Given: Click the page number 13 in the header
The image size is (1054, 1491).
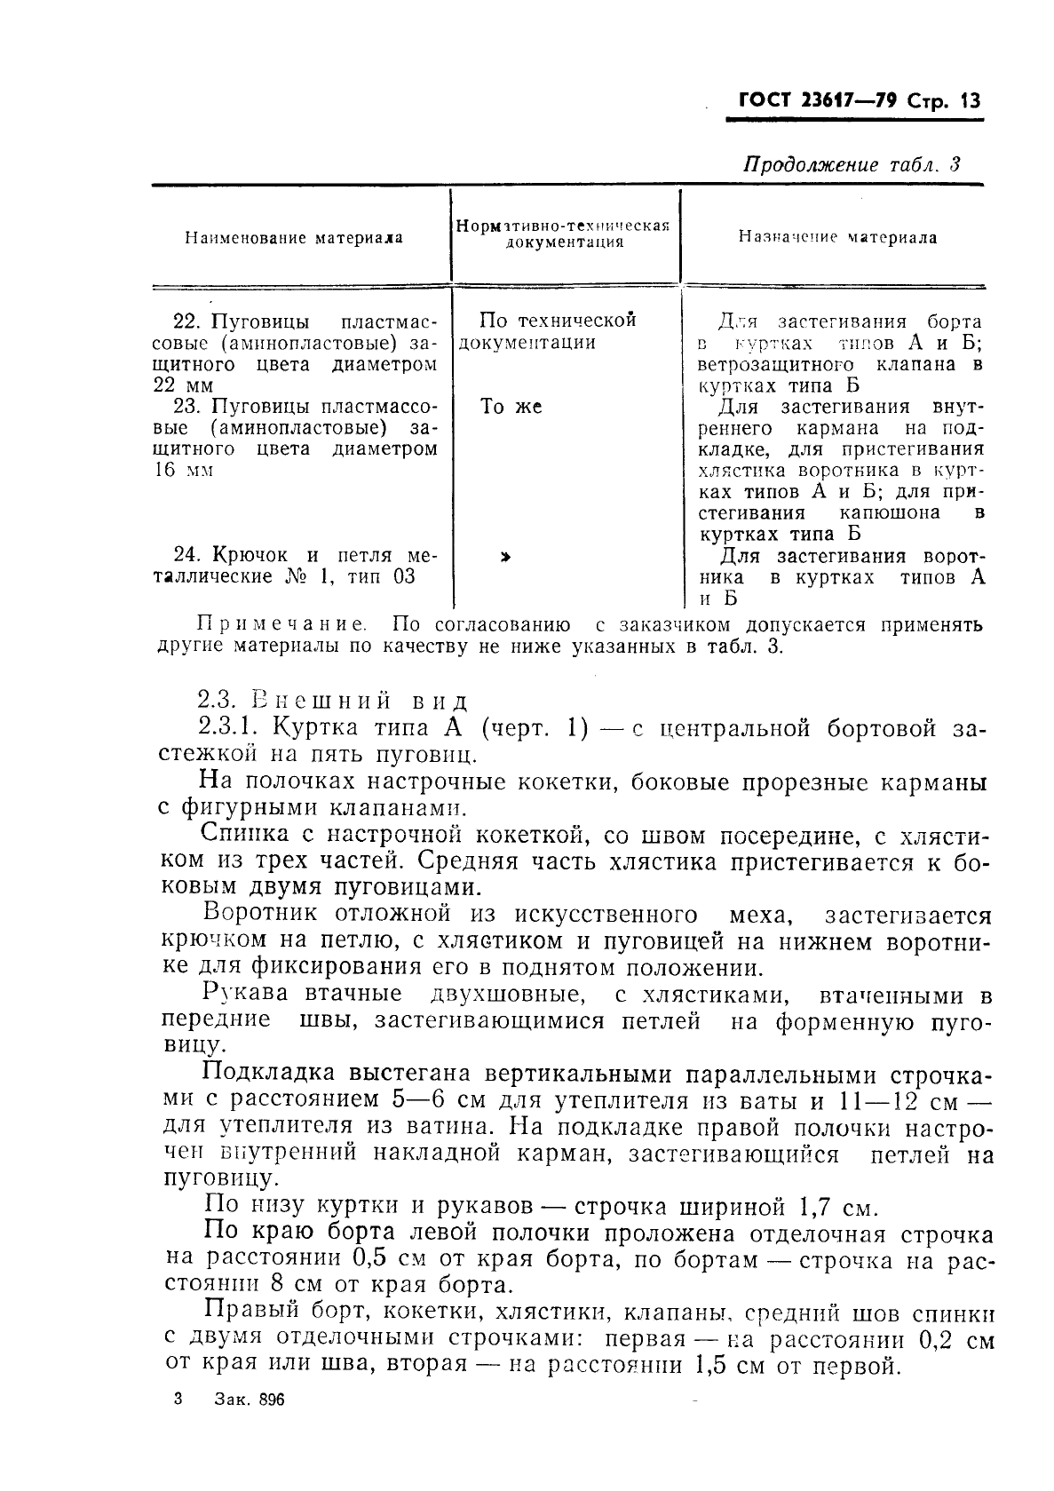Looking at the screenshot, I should pyautogui.click(x=966, y=100).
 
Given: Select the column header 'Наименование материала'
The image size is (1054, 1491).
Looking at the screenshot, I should pyautogui.click(x=293, y=238).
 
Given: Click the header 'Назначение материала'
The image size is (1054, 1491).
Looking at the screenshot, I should pyautogui.click(x=837, y=237).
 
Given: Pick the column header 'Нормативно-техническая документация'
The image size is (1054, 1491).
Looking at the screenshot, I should pyautogui.click(x=562, y=233).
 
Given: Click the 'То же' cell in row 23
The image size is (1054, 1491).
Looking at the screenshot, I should pyautogui.click(x=511, y=407).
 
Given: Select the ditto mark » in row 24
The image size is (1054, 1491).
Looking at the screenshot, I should pyautogui.click(x=505, y=557).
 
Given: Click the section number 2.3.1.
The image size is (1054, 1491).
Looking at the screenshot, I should pyautogui.click(x=228, y=728).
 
